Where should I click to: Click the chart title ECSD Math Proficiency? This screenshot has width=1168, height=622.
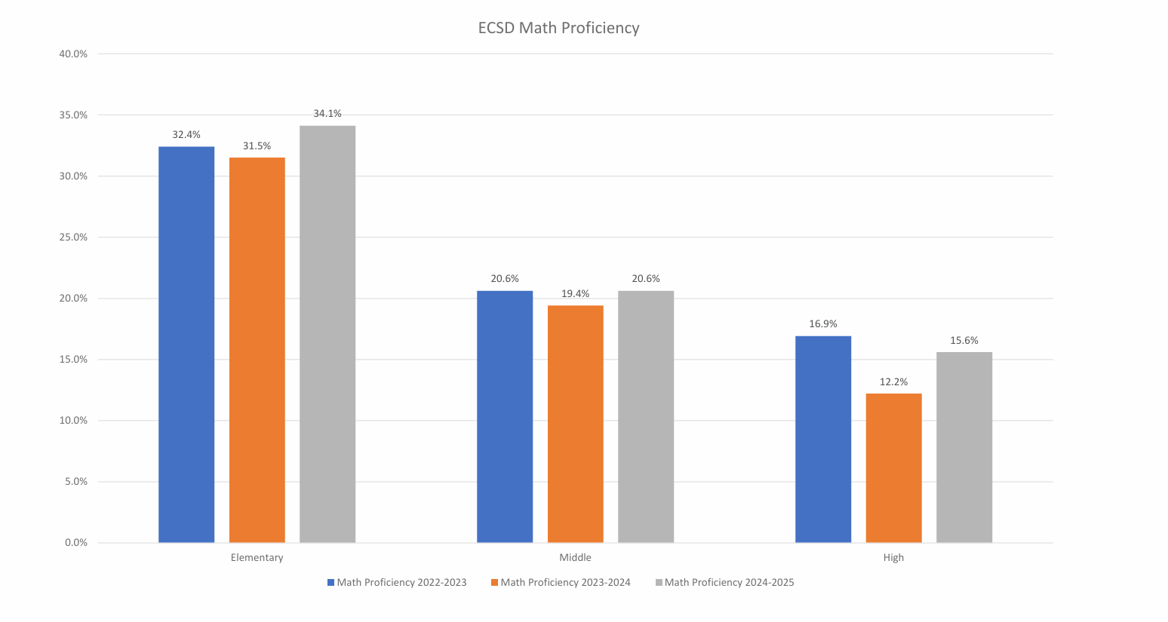click(558, 28)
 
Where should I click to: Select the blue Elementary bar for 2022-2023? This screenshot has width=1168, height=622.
click(186, 345)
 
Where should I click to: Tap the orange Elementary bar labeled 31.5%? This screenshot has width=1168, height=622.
click(257, 350)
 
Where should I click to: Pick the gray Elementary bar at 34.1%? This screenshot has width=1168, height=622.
click(327, 334)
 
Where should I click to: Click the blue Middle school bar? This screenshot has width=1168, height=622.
click(505, 416)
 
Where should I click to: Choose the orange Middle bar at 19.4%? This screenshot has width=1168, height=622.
click(576, 424)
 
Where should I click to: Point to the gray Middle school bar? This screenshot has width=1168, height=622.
click(646, 416)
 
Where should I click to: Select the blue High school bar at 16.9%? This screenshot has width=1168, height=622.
click(823, 439)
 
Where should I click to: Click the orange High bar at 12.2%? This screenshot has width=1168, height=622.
click(894, 467)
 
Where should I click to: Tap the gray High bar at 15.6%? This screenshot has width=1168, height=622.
click(964, 447)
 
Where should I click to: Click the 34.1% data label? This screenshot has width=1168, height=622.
click(327, 114)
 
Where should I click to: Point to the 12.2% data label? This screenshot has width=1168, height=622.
click(894, 382)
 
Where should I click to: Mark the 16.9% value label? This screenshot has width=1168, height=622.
click(823, 324)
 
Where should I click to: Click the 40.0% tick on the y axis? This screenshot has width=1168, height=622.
click(73, 54)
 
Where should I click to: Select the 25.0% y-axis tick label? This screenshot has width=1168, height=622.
click(73, 237)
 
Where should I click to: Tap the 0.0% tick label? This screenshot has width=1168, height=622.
click(75, 543)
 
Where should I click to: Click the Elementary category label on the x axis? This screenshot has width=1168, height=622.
click(257, 558)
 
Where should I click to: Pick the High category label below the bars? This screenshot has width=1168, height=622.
click(893, 558)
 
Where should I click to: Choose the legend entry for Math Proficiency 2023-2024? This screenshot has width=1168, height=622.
click(565, 583)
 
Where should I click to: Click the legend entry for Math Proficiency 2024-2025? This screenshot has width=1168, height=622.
click(729, 583)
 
